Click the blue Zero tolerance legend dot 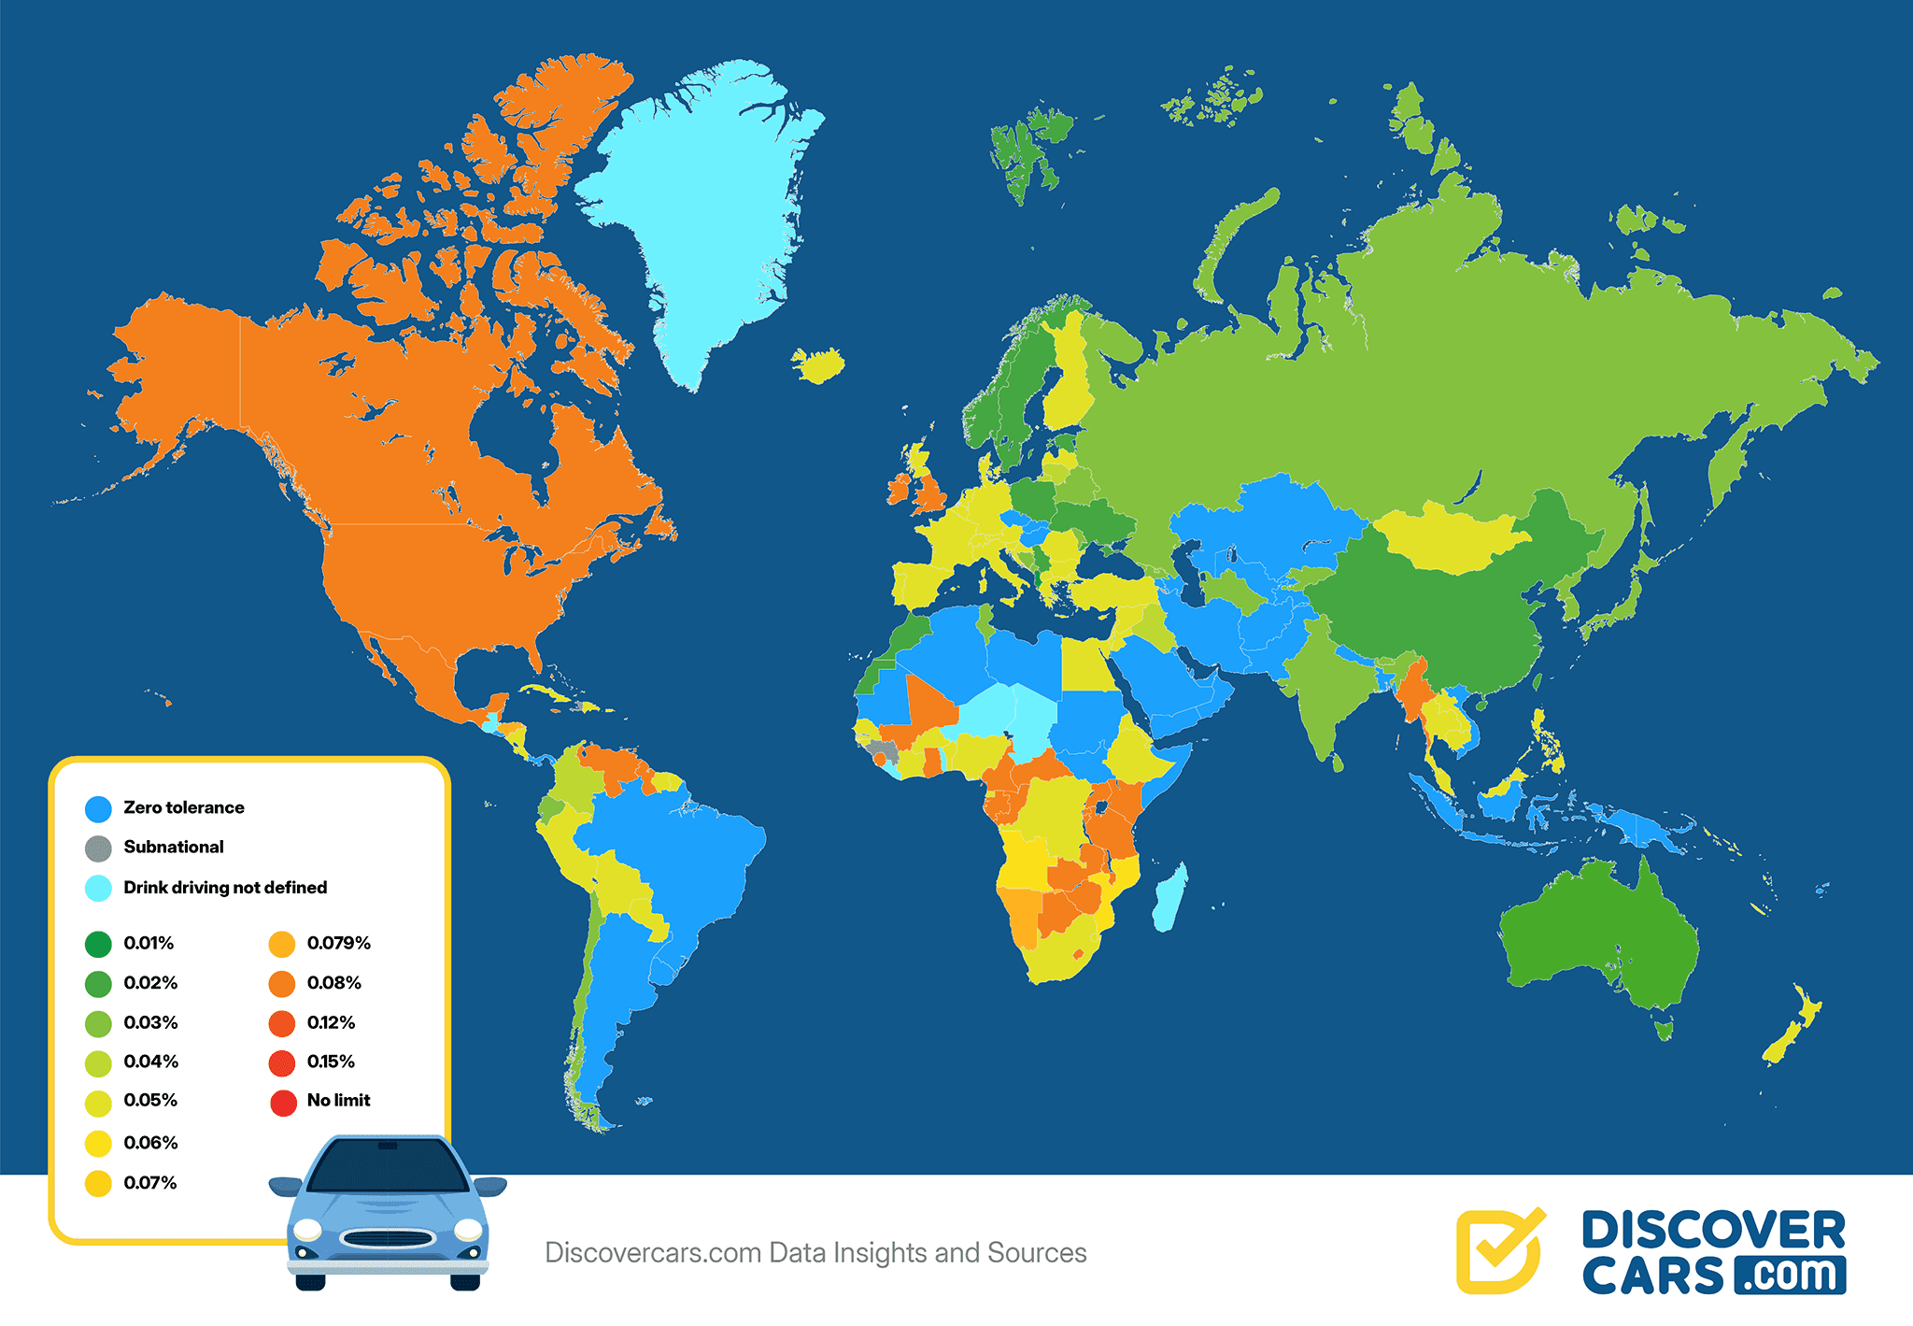[98, 808]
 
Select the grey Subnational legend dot [98, 848]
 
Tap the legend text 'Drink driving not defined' [225, 888]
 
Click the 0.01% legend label [149, 943]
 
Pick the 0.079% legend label [338, 943]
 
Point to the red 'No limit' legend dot [283, 1103]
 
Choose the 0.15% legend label [331, 1062]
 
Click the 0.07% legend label [149, 1183]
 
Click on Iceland [818, 364]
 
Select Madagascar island [1169, 897]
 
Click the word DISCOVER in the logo [1713, 1231]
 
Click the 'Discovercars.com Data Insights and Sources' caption [815, 1253]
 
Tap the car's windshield [388, 1167]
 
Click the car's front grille [388, 1239]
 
